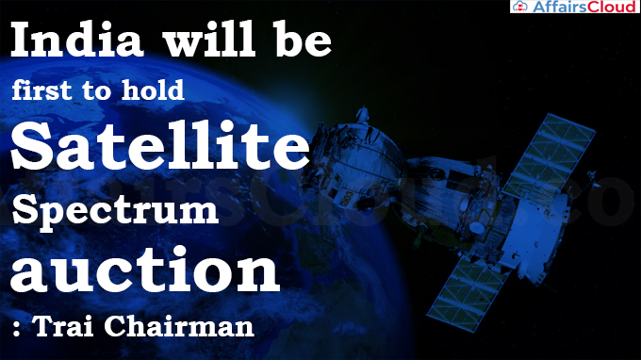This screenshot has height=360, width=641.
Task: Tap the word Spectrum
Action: click(115, 209)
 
